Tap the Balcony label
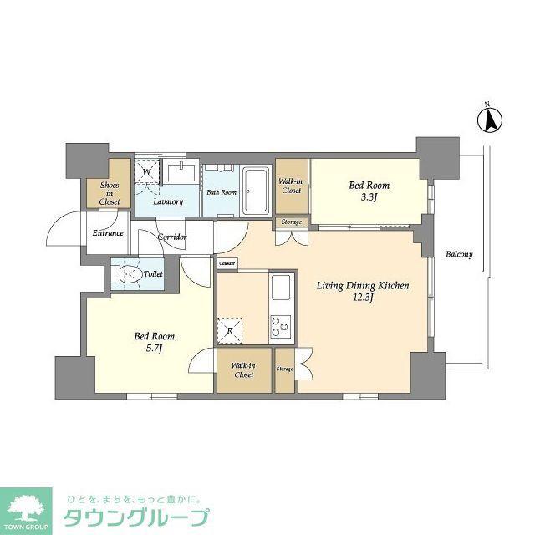point(459,254)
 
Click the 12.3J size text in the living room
point(363,298)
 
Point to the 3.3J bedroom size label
point(369,197)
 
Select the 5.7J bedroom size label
point(154,348)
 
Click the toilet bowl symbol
point(127,273)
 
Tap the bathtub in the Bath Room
point(255,191)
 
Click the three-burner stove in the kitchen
point(281,326)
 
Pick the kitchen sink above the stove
point(281,288)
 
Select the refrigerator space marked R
point(230,331)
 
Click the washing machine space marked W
point(147,171)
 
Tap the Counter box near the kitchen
point(227,263)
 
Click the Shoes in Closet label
point(110,193)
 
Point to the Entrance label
point(108,233)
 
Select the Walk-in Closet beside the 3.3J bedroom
point(291,186)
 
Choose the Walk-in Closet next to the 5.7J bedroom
point(243,370)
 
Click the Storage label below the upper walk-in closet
point(292,222)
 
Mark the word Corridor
point(172,237)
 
